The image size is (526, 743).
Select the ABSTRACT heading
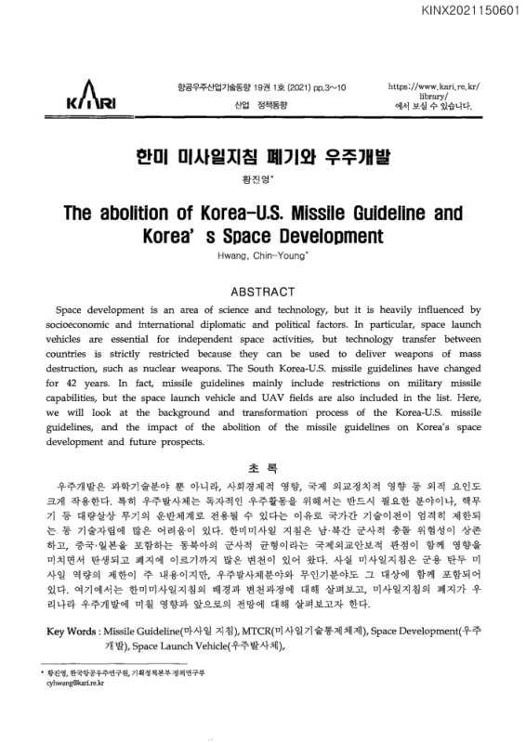(263, 290)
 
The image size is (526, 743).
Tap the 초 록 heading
(263, 467)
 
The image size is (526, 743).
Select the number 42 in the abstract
(73, 382)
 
